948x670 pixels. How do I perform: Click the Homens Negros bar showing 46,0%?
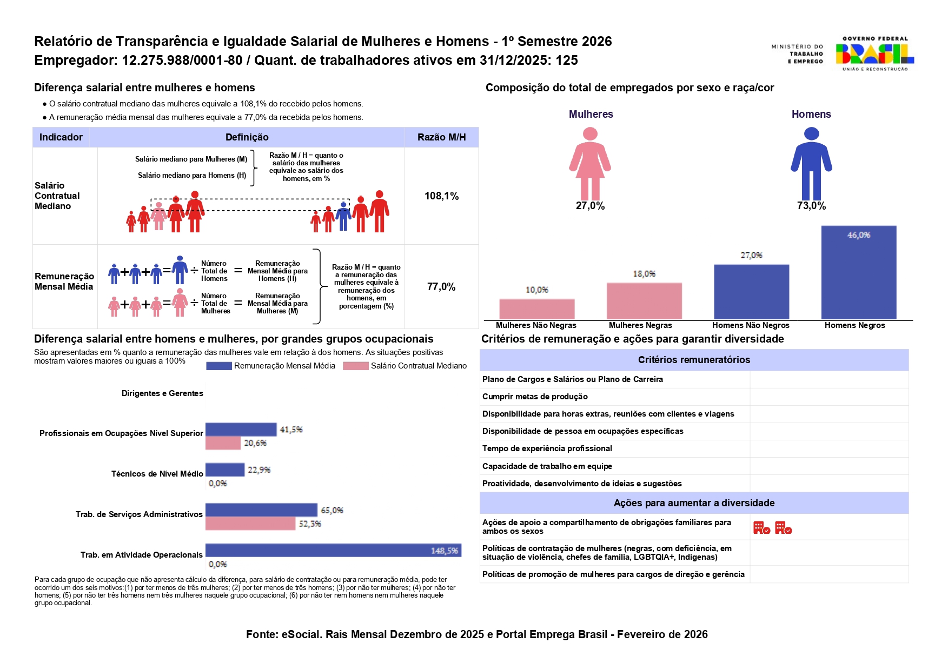pos(858,272)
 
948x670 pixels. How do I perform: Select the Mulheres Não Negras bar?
pos(536,309)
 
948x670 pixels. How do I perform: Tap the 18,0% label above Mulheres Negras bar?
pos(644,274)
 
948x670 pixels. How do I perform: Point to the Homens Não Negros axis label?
pos(751,325)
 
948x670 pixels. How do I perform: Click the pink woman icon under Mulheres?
pos(590,163)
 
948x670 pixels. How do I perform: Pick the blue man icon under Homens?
pos(811,163)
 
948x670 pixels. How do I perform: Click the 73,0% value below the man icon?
pos(811,206)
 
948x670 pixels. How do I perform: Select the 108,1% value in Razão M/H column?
pos(441,196)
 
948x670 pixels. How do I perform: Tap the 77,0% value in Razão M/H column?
pos(441,287)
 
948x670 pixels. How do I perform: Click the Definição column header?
pos(247,137)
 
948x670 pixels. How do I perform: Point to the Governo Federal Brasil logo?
pos(874,53)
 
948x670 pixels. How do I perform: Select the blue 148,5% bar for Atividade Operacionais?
pos(333,550)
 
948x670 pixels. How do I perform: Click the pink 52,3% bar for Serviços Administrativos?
pos(250,524)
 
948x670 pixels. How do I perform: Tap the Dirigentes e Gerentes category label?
pos(162,393)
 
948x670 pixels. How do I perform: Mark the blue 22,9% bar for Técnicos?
pos(225,470)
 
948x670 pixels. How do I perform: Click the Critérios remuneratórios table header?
pos(694,360)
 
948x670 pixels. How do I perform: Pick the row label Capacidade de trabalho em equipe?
pos(547,466)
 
